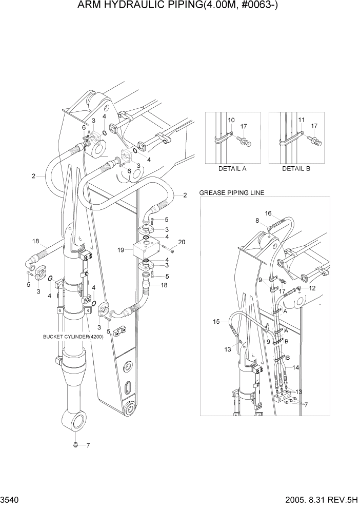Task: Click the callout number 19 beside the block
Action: tap(122, 250)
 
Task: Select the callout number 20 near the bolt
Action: tap(181, 242)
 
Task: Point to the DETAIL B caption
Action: tap(296, 168)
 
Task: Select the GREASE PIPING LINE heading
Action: tap(231, 193)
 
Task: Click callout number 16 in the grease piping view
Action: tap(268, 213)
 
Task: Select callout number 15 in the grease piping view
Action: tap(216, 322)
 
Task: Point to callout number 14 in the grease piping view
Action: tap(295, 368)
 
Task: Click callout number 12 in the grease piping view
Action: tap(312, 288)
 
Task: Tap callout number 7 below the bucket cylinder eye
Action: tap(88, 445)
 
